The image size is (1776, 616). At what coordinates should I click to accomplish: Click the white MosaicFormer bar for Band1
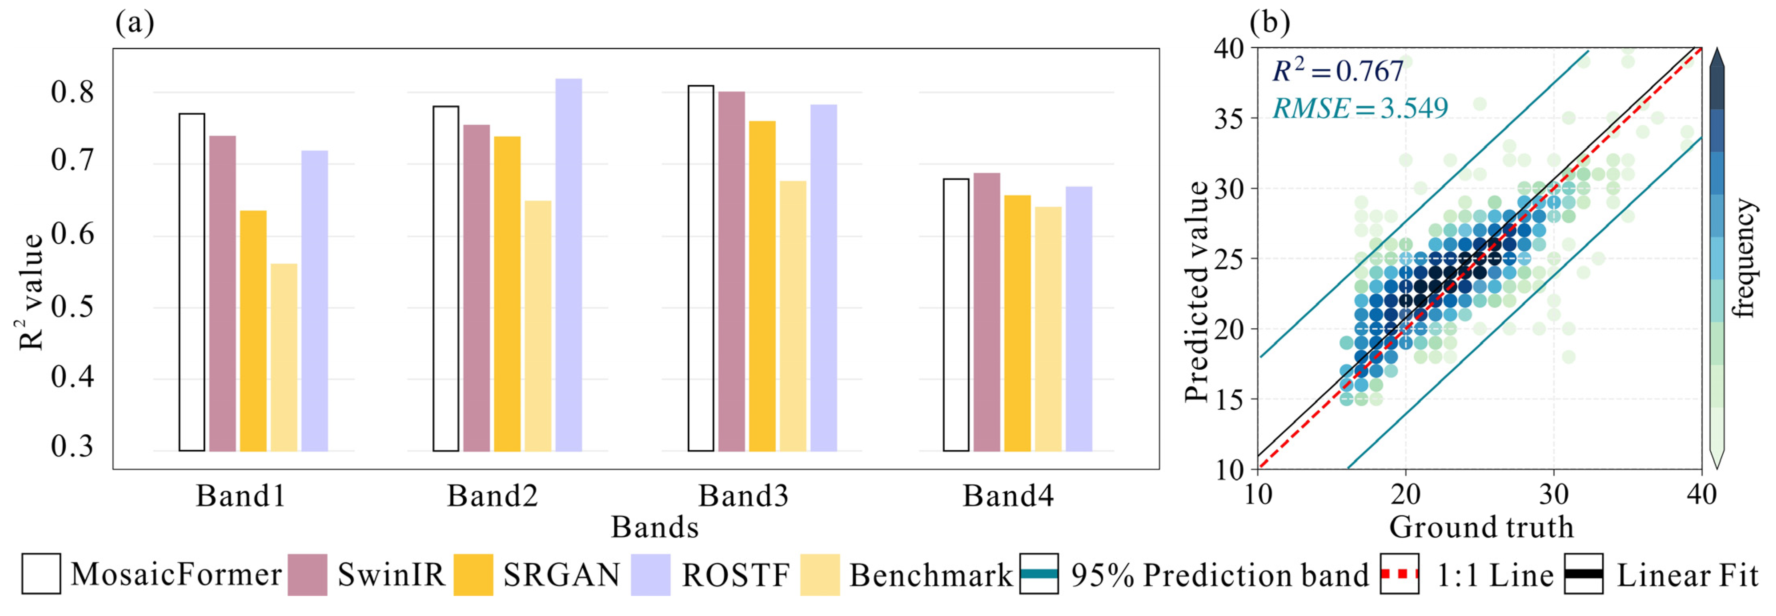tap(192, 283)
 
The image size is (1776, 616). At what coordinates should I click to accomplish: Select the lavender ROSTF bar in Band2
tap(569, 265)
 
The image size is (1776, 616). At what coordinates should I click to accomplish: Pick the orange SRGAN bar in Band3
tap(762, 286)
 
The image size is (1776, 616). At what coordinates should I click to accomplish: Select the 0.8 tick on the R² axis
tap(72, 92)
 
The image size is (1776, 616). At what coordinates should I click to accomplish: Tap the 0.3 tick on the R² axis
tap(72, 446)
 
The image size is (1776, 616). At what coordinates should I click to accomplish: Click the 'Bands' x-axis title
tap(654, 528)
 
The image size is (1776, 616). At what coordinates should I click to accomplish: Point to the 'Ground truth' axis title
tap(1481, 528)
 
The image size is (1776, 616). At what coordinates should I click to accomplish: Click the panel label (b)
tap(1269, 23)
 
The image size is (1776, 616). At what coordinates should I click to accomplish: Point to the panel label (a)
tap(134, 23)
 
